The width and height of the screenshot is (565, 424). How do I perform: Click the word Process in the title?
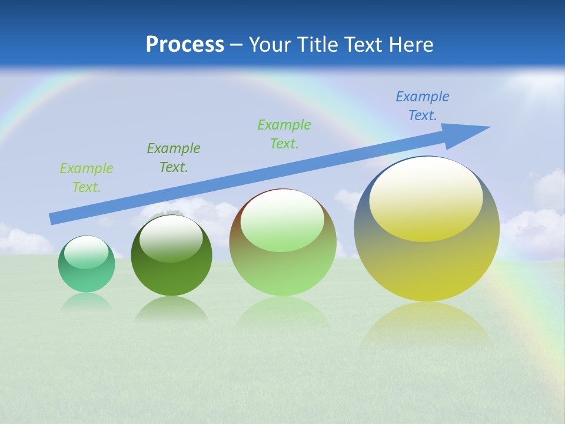click(x=185, y=45)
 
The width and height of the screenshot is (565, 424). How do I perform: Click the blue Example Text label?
click(x=422, y=106)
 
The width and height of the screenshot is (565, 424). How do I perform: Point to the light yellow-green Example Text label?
click(x=86, y=178)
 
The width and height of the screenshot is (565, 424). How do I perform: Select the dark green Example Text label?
click(x=173, y=158)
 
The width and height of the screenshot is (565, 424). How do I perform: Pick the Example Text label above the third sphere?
click(x=284, y=134)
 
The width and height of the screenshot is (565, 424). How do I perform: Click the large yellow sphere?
click(x=427, y=265)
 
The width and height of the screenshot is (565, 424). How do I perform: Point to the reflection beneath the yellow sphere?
click(x=427, y=324)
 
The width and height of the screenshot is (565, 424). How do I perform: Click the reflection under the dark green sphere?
click(x=171, y=309)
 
